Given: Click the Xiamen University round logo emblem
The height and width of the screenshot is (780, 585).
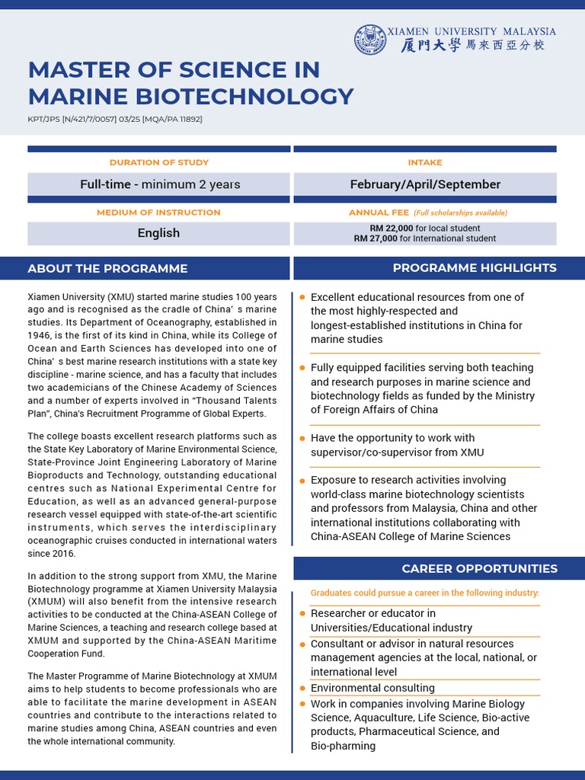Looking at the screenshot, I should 370,39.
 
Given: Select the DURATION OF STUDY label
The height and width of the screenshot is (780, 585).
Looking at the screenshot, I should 158,162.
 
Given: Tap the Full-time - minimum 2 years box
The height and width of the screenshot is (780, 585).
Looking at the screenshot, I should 160,184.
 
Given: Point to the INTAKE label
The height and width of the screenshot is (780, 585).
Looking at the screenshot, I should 425,162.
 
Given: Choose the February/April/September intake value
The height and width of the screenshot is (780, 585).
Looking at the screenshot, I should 425,184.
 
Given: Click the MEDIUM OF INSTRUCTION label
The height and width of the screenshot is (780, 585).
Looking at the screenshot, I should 158,213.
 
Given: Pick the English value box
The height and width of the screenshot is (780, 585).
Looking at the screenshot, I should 158,233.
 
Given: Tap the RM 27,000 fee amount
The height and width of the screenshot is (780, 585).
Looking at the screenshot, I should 376,238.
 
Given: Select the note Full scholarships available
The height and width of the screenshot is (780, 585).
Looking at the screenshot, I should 460,213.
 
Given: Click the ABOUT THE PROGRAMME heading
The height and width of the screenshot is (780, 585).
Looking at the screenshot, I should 107,268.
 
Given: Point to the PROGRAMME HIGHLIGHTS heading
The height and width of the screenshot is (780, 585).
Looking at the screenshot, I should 475,268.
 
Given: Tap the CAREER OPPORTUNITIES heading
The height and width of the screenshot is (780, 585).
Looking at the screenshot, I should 480,569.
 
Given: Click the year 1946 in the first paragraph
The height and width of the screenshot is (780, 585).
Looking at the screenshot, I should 38,334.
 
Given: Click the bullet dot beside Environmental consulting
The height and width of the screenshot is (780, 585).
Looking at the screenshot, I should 302,688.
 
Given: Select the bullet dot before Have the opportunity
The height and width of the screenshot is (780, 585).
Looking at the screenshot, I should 302,438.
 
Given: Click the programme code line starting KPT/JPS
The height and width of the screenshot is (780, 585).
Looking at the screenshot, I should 115,120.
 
